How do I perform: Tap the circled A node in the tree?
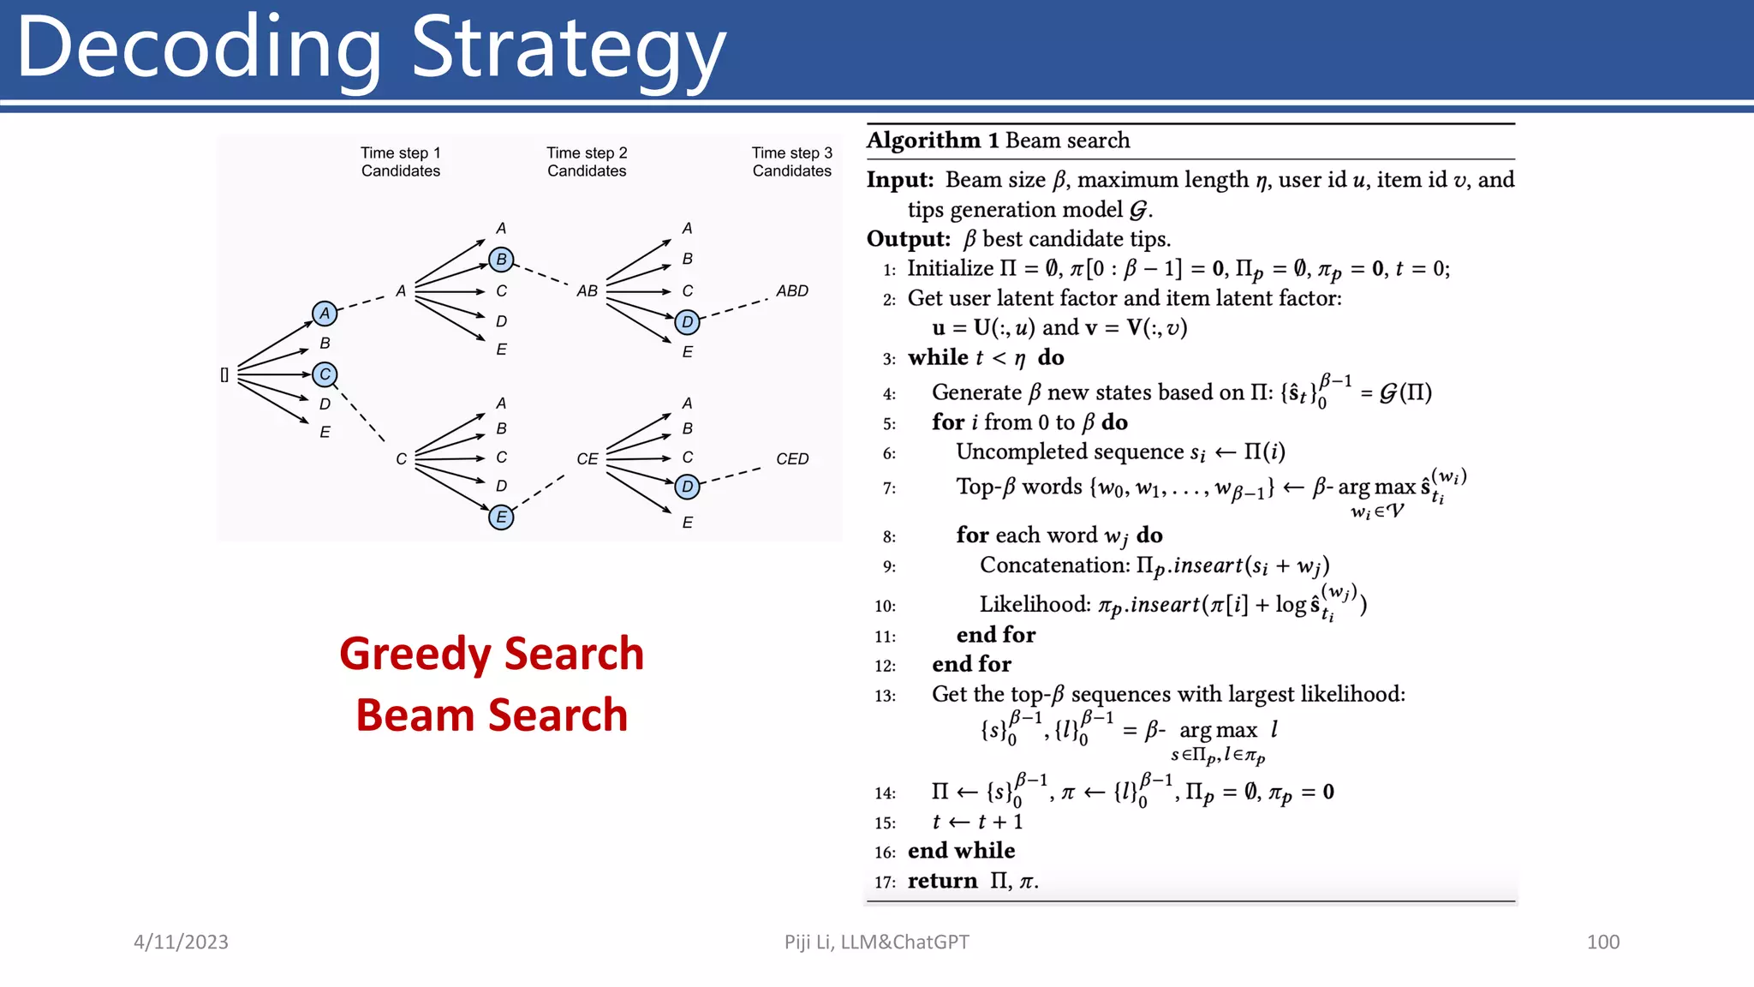coord(325,314)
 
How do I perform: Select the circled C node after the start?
coord(325,374)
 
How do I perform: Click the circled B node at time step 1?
coord(501,259)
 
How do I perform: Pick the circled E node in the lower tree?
coord(501,517)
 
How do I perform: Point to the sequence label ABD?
coord(792,291)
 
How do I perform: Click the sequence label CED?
coord(792,459)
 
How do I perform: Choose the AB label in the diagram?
coord(587,291)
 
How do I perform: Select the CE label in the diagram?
coord(587,459)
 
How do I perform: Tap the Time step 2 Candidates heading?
coord(587,162)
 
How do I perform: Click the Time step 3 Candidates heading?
coord(792,162)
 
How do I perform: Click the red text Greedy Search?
coord(492,654)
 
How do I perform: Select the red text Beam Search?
coord(492,715)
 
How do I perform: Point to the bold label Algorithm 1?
coord(933,141)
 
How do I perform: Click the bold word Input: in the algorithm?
coord(900,180)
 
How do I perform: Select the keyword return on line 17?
coord(942,881)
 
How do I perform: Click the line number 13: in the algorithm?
coord(885,696)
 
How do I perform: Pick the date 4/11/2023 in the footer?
coord(181,942)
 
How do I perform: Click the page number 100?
coord(1602,942)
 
